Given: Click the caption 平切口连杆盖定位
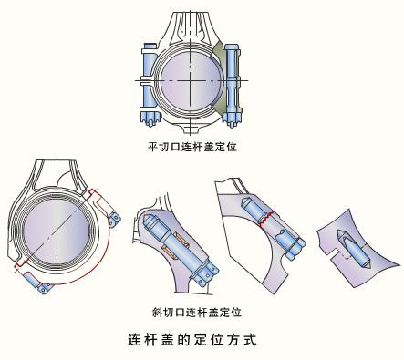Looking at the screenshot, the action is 192,147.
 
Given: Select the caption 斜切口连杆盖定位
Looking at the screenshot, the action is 197,312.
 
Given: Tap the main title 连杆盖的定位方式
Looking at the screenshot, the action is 192,339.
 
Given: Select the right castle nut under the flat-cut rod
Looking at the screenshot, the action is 232,119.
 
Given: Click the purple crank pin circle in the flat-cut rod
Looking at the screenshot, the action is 190,80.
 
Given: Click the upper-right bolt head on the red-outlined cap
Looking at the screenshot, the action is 115,220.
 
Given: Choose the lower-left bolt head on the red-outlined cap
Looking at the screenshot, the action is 45,288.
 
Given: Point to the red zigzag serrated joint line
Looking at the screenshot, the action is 266,218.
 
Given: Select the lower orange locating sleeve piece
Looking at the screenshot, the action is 168,252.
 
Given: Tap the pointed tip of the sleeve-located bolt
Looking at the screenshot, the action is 147,219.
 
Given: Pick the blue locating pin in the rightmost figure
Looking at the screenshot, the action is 353,250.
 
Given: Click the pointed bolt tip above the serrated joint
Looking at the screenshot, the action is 245,201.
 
